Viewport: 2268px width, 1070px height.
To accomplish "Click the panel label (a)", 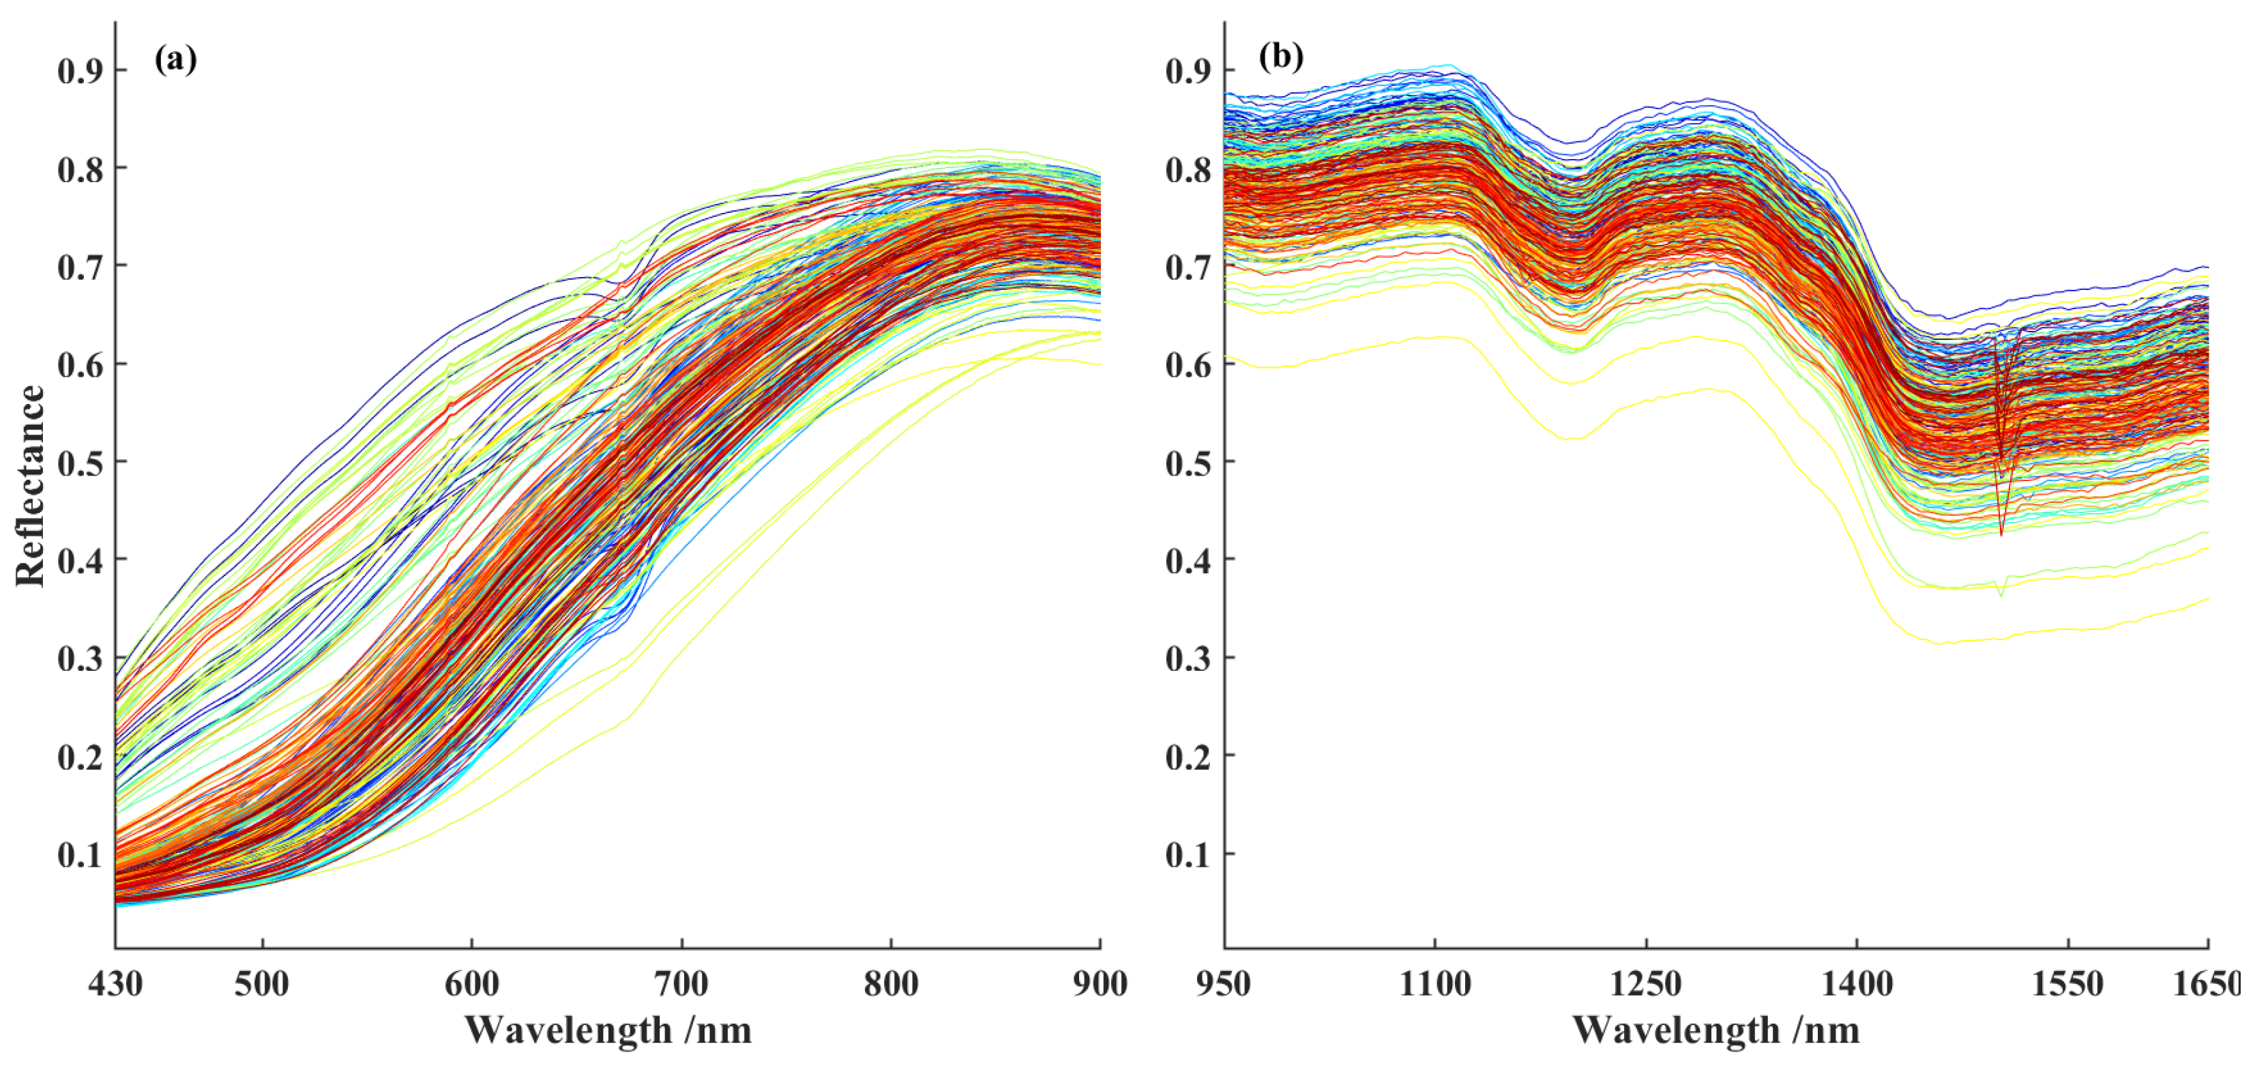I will (175, 60).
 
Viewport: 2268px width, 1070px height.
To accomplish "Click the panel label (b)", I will (1280, 57).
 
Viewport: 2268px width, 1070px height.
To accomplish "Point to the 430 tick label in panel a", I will (115, 984).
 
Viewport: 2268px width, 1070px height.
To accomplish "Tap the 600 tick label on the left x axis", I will (472, 984).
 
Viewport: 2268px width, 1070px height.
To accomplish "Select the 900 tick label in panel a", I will (1100, 984).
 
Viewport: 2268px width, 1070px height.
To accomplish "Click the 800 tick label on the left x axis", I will (891, 984).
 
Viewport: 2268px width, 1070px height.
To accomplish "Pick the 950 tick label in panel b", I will (1223, 984).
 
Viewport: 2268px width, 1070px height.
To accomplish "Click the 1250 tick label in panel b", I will (1645, 984).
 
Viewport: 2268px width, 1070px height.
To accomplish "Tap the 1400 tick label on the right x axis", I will (1857, 984).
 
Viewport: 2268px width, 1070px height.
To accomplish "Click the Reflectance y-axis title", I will (31, 485).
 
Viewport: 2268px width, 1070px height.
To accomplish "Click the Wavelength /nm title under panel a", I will (608, 1030).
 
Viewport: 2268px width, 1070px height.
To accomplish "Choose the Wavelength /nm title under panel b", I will (1716, 1030).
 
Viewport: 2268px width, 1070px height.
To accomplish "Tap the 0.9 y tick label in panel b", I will (1189, 70).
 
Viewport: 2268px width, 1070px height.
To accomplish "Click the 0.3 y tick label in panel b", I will (1189, 659).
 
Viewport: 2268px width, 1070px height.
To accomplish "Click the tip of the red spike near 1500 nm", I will (2001, 534).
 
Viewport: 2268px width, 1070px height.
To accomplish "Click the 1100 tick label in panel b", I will (1435, 984).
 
